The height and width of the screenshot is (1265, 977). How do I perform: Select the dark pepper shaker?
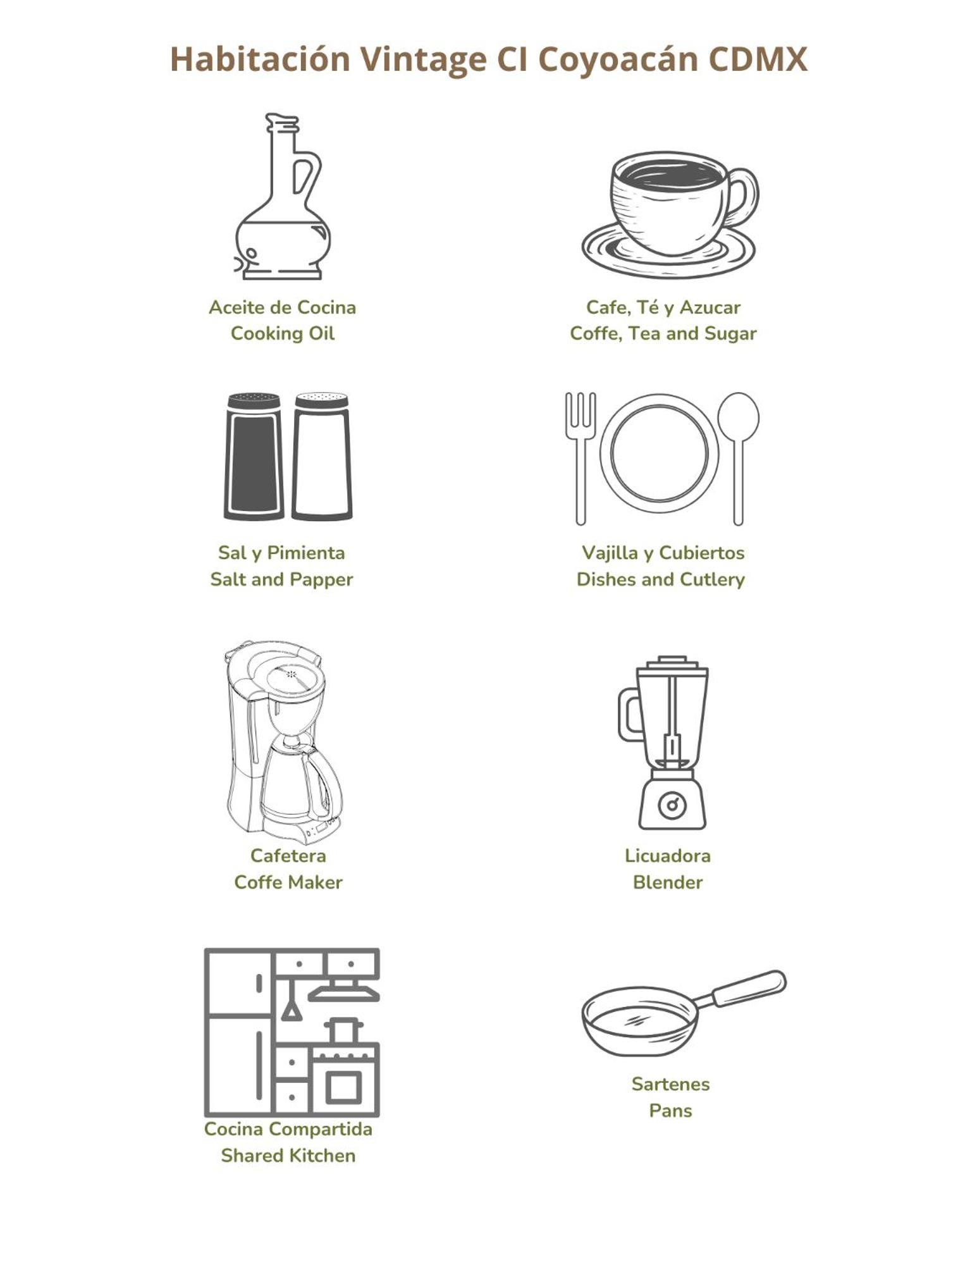(x=254, y=456)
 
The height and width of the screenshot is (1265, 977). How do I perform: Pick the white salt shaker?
(x=322, y=456)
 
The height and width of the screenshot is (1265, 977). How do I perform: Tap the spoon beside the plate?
(x=738, y=459)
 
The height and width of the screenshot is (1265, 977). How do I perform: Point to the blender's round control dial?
(x=672, y=805)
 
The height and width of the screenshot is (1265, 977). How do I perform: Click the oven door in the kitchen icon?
(x=344, y=1088)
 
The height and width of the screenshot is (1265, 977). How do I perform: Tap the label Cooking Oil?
(x=282, y=333)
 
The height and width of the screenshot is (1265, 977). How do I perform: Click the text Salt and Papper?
(x=281, y=579)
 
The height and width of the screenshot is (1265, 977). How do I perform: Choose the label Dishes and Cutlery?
(x=661, y=579)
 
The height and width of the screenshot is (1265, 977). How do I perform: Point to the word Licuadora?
(x=668, y=856)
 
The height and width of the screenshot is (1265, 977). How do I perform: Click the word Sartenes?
(x=670, y=1084)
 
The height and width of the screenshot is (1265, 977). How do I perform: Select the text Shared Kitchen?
(x=288, y=1156)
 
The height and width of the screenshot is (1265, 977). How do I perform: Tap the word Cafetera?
(x=288, y=856)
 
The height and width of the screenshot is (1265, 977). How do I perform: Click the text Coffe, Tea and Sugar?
(x=663, y=333)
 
